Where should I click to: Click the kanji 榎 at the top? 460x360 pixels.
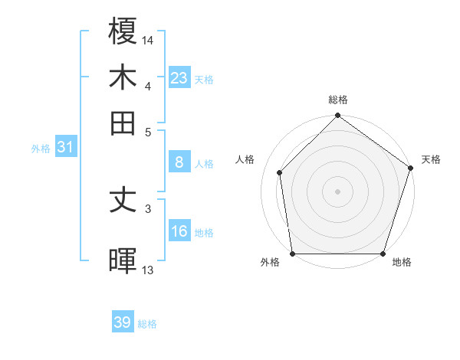pos(123,32)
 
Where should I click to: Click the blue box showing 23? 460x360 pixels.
pos(179,77)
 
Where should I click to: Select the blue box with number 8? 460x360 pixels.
pos(179,162)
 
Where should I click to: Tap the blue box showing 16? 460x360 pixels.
pos(179,231)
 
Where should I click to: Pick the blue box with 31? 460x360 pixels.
pos(64,147)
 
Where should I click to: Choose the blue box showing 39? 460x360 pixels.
pos(123,322)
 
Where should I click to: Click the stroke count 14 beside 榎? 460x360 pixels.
pos(148,40)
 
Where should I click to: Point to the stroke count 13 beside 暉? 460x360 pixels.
pos(148,270)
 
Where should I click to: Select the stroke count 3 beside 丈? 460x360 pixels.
pos(148,208)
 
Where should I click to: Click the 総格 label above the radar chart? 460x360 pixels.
pos(338,100)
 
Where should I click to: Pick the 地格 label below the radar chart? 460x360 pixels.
pos(402,262)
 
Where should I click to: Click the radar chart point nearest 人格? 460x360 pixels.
pos(280,172)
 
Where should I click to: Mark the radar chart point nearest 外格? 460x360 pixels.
pos(293,254)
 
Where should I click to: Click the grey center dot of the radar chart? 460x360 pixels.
pos(337,191)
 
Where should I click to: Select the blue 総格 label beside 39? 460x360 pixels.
pos(147,324)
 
